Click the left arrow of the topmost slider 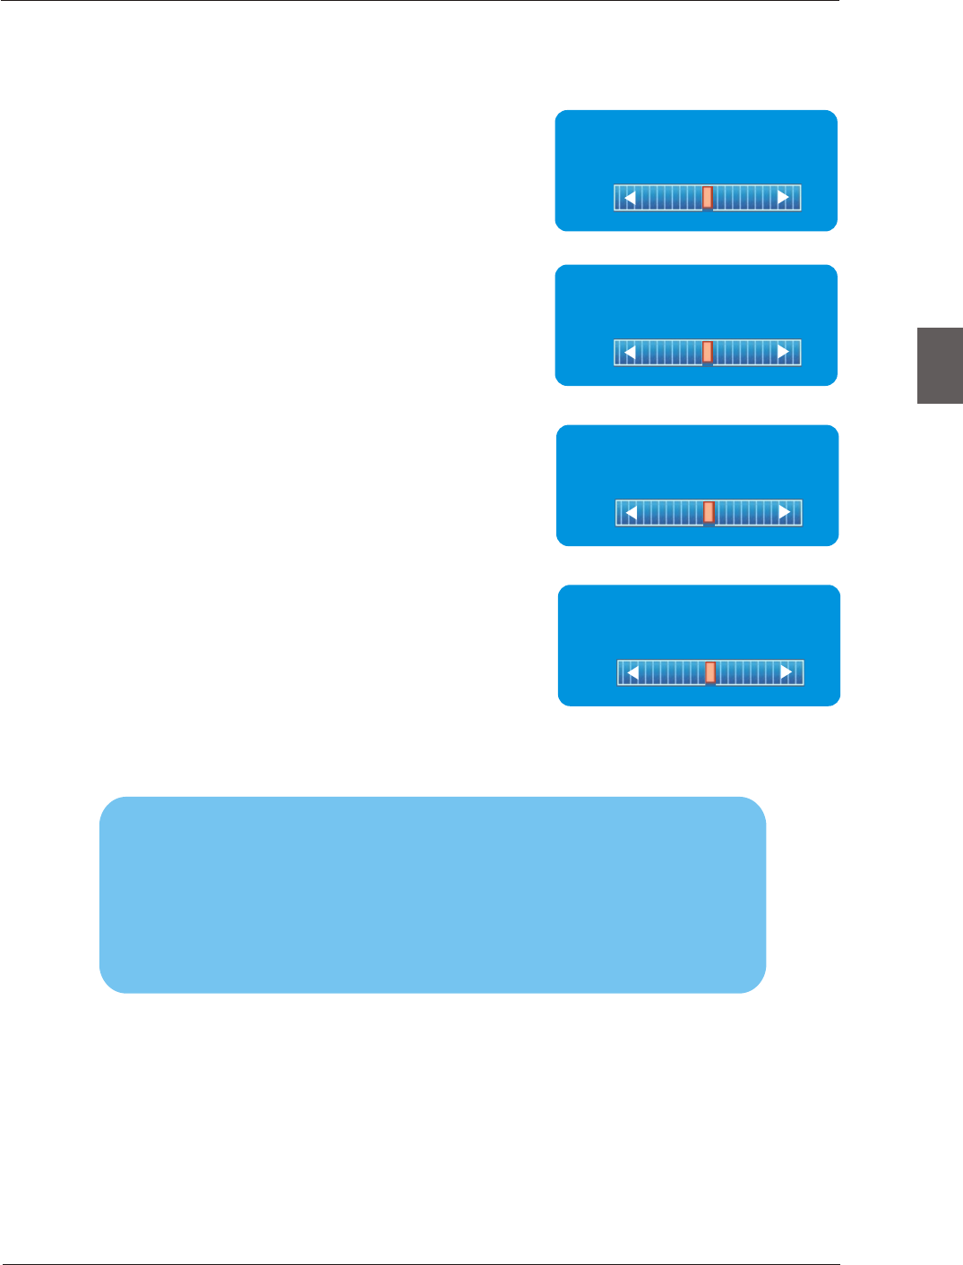pos(630,198)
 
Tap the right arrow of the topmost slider pos(783,198)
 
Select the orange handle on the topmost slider pos(707,197)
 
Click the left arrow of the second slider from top pos(630,353)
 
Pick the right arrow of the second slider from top pos(783,353)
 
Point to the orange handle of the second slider pos(707,352)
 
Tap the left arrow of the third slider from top pos(632,513)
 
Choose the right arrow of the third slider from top pos(785,513)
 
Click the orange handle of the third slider pos(709,512)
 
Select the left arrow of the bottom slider pos(633,673)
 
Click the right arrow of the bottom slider pos(787,673)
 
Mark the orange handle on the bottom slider pos(710,672)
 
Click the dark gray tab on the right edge pos(940,365)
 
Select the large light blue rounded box pos(433,894)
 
